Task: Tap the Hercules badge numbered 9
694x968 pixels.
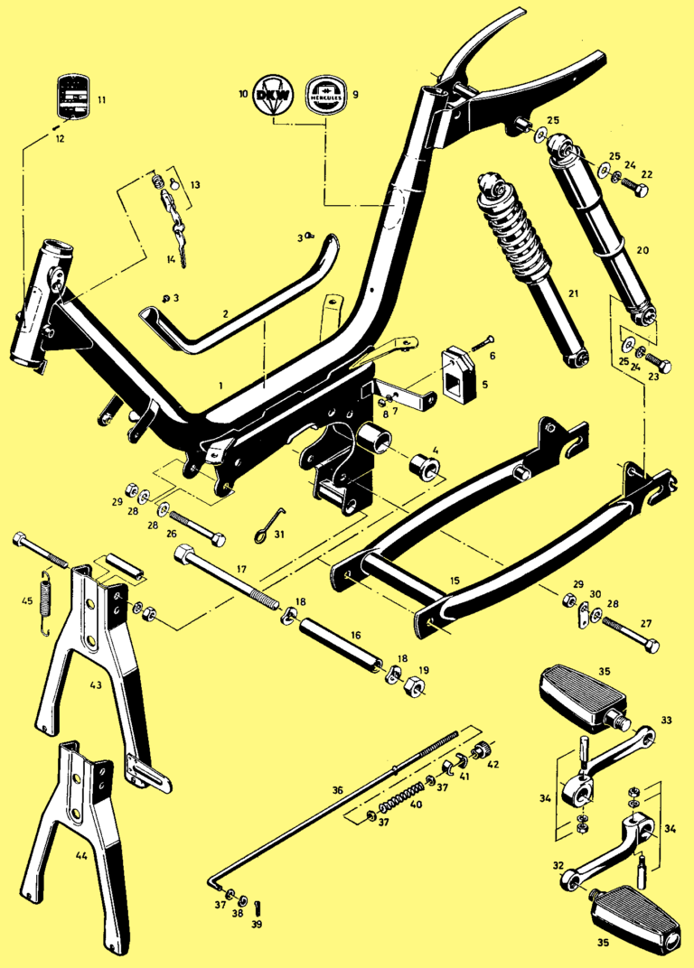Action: click(323, 94)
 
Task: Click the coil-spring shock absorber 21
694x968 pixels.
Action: click(526, 271)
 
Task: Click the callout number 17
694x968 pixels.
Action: click(241, 570)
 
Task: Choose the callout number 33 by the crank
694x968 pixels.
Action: click(667, 721)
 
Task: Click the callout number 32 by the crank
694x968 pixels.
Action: click(558, 865)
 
